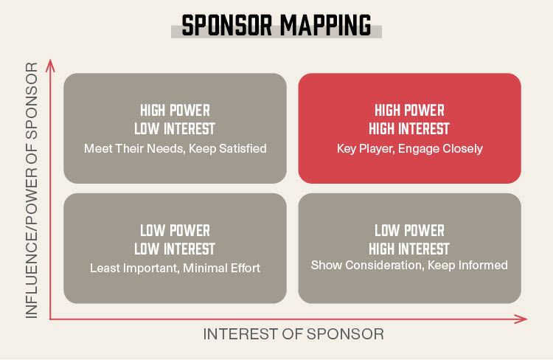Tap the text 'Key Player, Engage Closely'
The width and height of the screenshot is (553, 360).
[409, 148]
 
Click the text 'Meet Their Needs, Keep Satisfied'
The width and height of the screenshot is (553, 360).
[175, 148]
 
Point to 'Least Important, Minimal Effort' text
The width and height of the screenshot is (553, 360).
[175, 268]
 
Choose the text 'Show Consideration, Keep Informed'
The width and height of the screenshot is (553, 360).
[409, 265]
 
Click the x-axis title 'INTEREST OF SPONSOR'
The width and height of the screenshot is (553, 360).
[293, 334]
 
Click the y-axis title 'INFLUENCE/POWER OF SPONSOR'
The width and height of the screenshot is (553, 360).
[31, 190]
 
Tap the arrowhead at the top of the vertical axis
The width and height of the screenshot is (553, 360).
[50, 64]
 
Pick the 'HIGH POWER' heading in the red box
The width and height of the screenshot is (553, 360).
[409, 111]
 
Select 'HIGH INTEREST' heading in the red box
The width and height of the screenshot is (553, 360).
[409, 129]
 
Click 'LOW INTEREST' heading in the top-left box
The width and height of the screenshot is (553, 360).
[175, 129]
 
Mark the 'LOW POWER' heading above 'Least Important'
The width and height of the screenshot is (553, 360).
[175, 230]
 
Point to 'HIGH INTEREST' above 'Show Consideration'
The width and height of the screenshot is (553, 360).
[409, 249]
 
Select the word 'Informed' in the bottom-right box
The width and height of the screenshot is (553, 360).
[484, 265]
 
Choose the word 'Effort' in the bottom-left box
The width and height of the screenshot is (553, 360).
[243, 268]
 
